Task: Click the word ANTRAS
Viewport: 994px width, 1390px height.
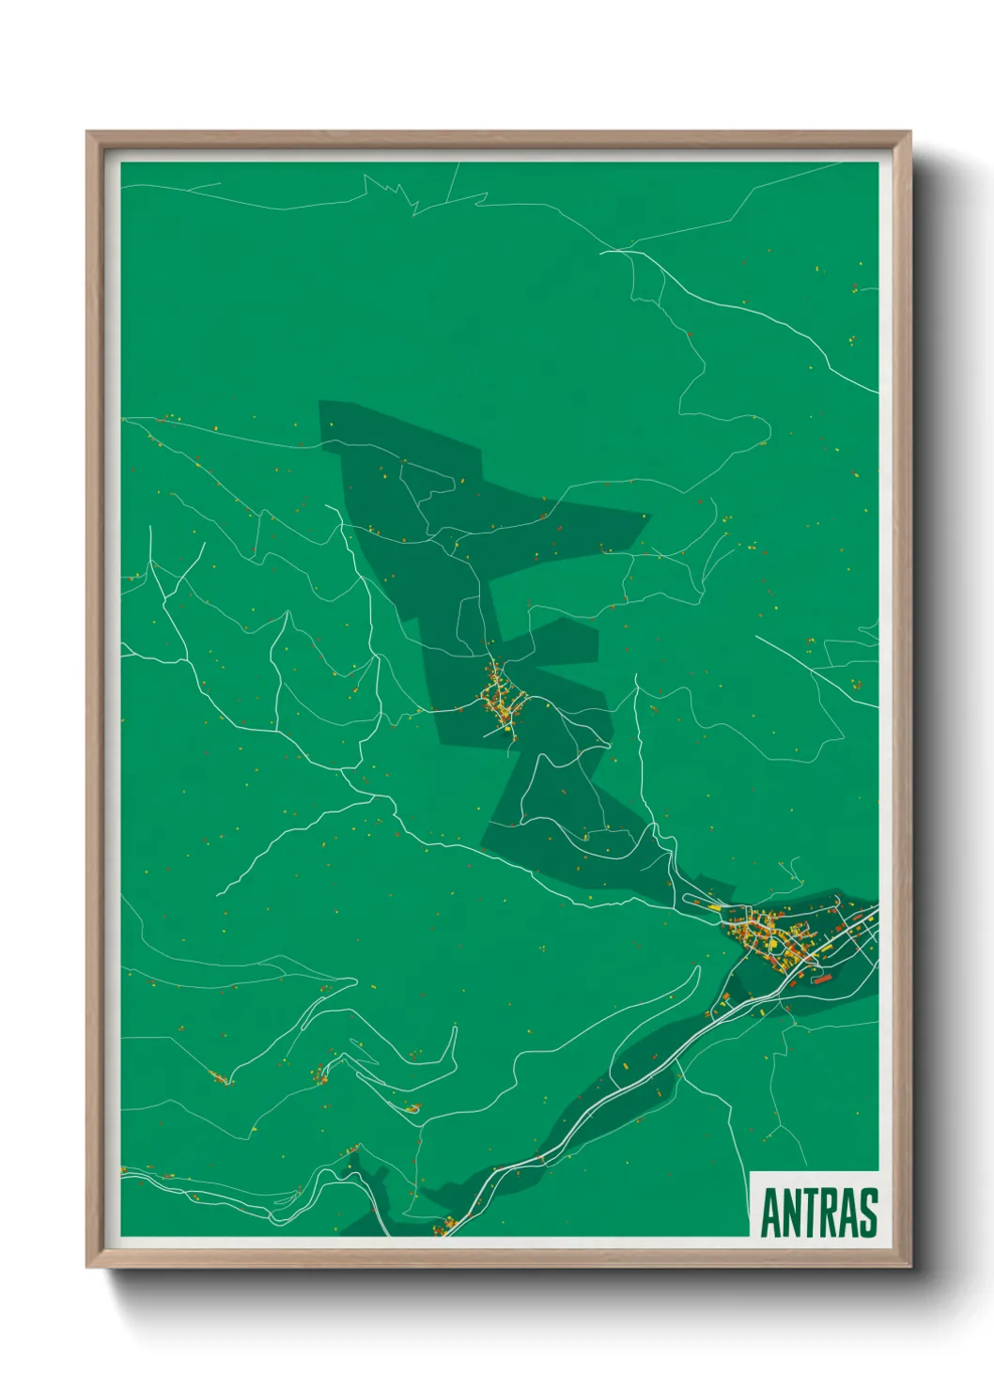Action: click(x=818, y=1212)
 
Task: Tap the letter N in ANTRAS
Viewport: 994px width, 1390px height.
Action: click(x=792, y=1212)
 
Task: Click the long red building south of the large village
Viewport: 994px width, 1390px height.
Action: click(x=823, y=979)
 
